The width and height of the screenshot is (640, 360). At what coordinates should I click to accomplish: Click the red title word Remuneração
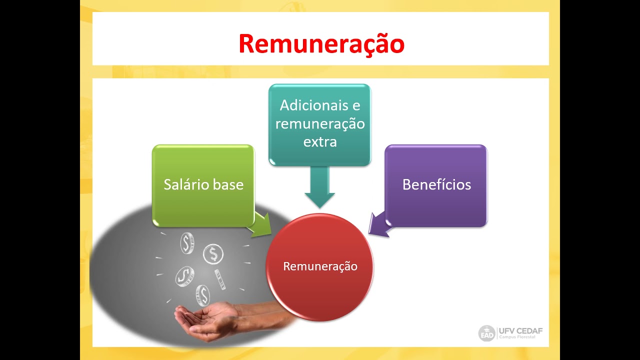[321, 44]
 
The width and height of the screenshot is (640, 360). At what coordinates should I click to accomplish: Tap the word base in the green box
[228, 184]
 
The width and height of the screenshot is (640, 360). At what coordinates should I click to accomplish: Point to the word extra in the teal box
[320, 141]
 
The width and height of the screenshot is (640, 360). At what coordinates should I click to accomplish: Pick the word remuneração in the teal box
[320, 123]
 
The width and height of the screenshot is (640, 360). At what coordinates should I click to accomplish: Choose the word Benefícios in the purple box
[436, 184]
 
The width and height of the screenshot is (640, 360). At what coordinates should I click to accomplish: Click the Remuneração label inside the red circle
[320, 266]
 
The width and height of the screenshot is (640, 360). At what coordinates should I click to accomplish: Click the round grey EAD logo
[486, 333]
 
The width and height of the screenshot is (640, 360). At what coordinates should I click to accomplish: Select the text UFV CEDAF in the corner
[520, 330]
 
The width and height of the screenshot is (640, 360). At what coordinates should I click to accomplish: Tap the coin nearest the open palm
[202, 295]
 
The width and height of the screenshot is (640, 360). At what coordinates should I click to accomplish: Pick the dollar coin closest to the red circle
[213, 254]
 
